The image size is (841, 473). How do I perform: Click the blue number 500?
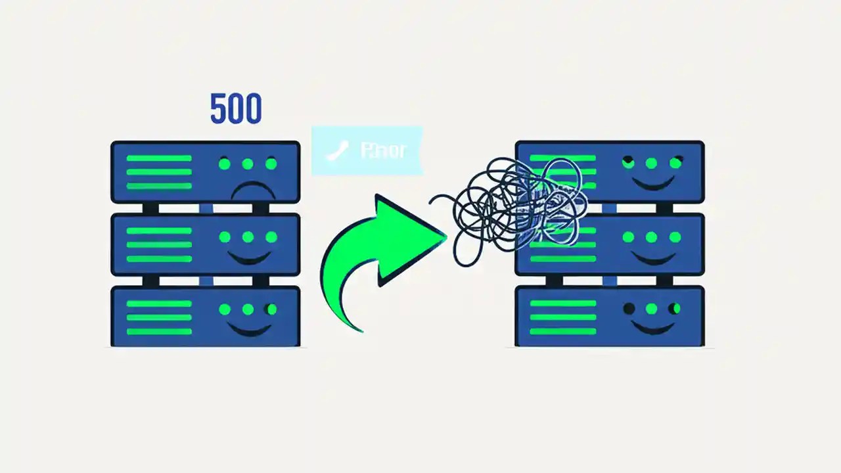coord(236,109)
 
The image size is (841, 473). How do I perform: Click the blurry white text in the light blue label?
coord(384,150)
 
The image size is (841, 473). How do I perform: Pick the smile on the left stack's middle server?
coord(248,258)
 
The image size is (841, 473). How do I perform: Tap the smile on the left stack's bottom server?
coord(248,328)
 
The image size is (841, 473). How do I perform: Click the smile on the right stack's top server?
coord(652,185)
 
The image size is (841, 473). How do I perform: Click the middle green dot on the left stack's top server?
coord(248,164)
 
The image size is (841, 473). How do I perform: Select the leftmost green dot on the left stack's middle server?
coord(225,236)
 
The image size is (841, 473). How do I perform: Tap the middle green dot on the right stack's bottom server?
coord(652,308)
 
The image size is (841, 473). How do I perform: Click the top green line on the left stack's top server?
coord(159,158)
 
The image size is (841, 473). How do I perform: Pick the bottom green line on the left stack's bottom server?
coord(159,331)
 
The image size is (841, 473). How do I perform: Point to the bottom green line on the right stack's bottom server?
coord(562,331)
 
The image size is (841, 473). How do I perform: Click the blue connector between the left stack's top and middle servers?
coord(206,208)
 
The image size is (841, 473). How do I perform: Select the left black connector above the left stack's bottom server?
coord(150,281)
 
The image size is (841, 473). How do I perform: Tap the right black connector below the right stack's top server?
coord(664,208)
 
